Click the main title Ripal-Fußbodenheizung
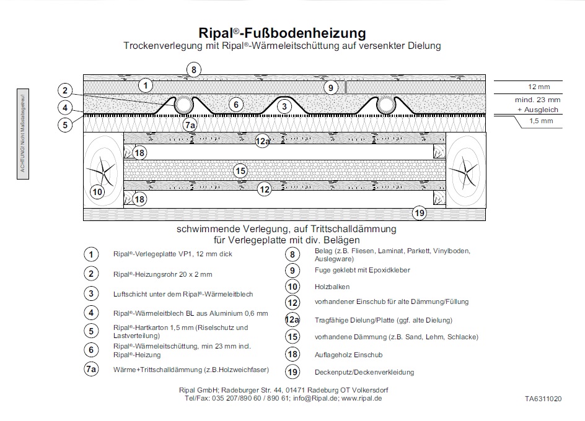pyautogui.click(x=282, y=33)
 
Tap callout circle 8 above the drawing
pyautogui.click(x=193, y=70)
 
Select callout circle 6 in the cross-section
pyautogui.click(x=235, y=105)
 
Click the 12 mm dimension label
pyautogui.click(x=539, y=87)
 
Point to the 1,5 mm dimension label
pyautogui.click(x=541, y=121)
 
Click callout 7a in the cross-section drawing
pyautogui.click(x=190, y=125)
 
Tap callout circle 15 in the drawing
pyautogui.click(x=240, y=171)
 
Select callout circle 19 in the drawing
pyautogui.click(x=420, y=213)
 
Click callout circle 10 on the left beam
pyautogui.click(x=97, y=192)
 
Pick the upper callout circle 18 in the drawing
pyautogui.click(x=139, y=153)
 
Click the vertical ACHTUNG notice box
pyautogui.click(x=23, y=134)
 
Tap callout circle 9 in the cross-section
pyautogui.click(x=330, y=88)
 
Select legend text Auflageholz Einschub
pyautogui.click(x=348, y=355)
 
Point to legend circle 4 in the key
pyautogui.click(x=91, y=313)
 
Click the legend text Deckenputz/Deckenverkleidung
pyautogui.click(x=364, y=372)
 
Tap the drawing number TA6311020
pyautogui.click(x=543, y=399)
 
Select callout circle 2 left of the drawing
pyautogui.click(x=65, y=90)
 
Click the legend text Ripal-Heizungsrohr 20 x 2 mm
pyautogui.click(x=162, y=274)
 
